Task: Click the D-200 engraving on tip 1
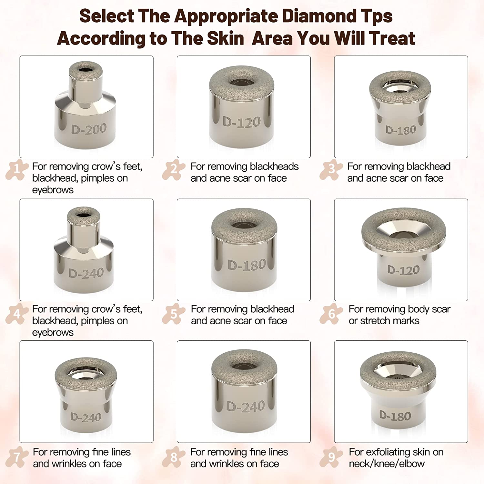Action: [89, 129]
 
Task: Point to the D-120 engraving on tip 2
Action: [242, 122]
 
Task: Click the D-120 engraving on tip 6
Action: [403, 270]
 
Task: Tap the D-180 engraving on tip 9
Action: [395, 416]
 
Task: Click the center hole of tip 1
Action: [86, 69]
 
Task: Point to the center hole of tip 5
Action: [244, 225]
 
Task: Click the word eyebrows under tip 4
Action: [53, 333]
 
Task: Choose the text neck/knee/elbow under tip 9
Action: [387, 464]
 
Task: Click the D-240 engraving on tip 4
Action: [86, 273]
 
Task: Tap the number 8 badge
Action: [174, 457]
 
